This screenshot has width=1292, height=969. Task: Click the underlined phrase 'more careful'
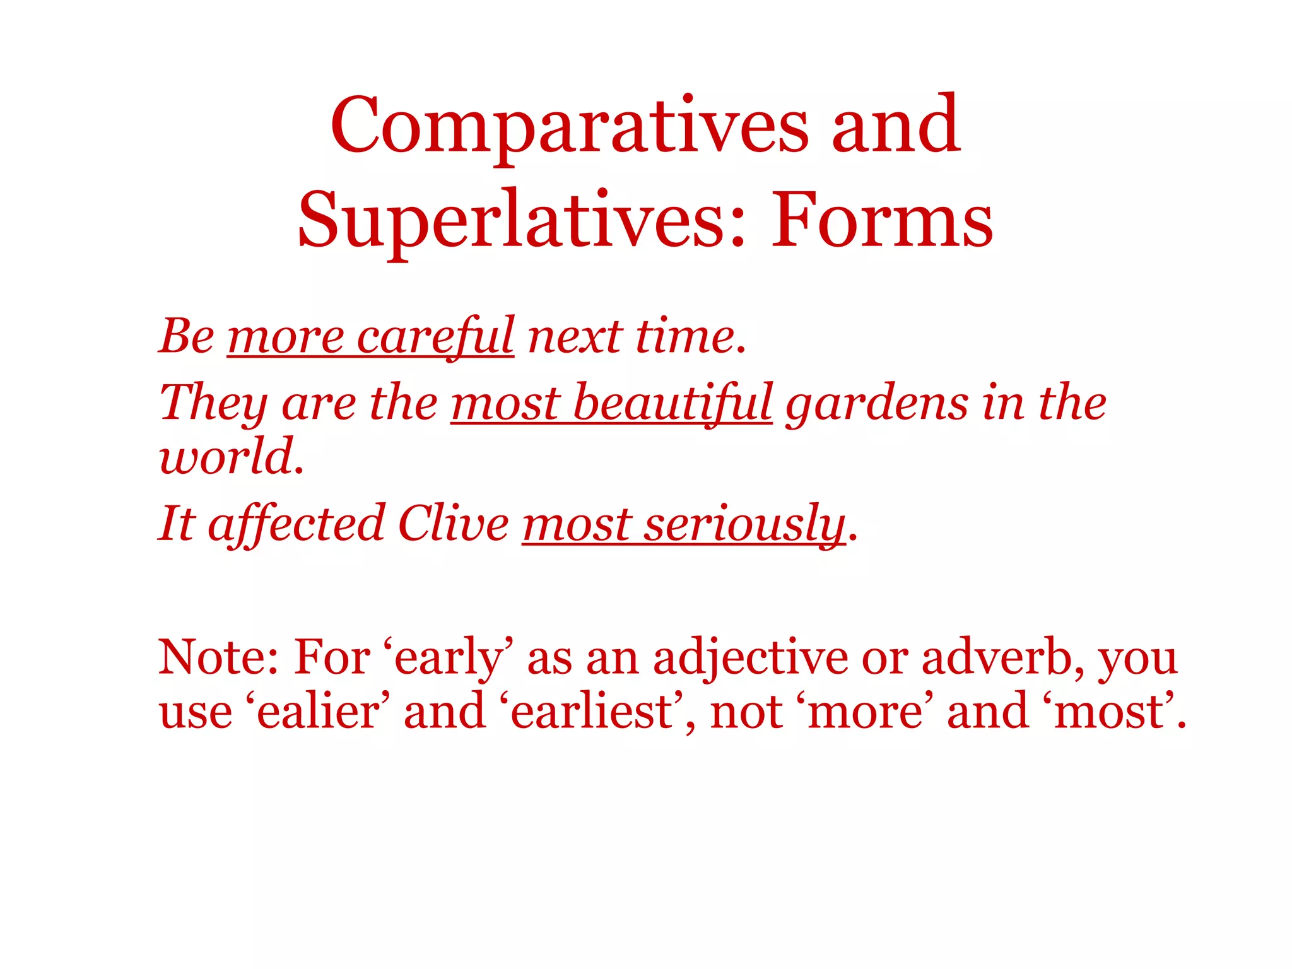tap(370, 336)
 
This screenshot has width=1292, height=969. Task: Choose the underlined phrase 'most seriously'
tap(683, 524)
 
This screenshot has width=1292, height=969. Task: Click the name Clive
tap(453, 524)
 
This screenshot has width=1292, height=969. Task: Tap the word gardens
tap(876, 404)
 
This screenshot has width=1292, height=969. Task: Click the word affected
tap(297, 524)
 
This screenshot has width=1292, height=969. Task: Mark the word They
tap(213, 404)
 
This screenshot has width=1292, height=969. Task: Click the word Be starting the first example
tap(187, 336)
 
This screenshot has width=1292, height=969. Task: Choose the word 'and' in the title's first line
tap(896, 126)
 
